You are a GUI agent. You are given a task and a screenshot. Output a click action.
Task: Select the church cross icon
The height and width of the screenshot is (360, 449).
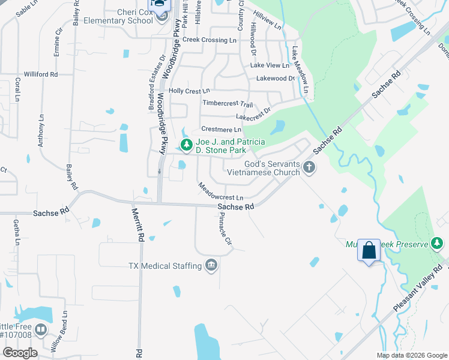(x=309, y=167)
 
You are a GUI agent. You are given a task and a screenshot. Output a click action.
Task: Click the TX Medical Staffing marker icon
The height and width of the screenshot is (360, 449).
(x=211, y=265)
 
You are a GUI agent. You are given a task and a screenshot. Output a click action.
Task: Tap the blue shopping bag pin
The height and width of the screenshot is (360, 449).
(x=369, y=250)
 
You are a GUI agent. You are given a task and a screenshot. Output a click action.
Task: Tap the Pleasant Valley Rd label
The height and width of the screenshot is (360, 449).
(x=418, y=288)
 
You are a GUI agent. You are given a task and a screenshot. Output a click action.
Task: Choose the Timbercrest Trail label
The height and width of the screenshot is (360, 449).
(x=228, y=103)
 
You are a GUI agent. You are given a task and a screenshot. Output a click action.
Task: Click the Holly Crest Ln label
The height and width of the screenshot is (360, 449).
(x=185, y=91)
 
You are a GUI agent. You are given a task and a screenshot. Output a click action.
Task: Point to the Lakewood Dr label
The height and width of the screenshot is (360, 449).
(x=276, y=78)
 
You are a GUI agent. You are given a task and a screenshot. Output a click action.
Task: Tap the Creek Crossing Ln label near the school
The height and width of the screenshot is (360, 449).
(x=209, y=40)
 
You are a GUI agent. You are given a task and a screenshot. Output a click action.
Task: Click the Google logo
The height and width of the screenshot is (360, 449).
(x=19, y=353)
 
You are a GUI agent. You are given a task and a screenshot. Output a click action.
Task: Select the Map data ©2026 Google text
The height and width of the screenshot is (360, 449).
(x=411, y=355)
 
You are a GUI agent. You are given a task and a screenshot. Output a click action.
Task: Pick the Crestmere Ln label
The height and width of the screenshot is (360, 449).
(x=221, y=129)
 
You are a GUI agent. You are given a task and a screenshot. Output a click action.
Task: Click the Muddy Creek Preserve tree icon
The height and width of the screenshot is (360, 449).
(x=439, y=243)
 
